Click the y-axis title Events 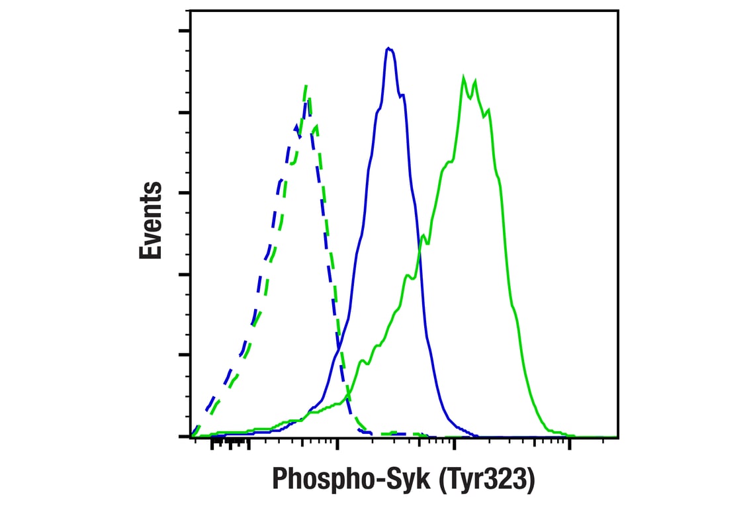151,220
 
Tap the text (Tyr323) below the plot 485,478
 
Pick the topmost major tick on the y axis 184,31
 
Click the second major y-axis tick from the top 184,112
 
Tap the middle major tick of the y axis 184,193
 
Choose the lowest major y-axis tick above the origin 184,355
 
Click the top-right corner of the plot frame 618,10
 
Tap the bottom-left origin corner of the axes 191,437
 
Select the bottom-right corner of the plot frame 618,437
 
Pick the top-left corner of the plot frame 191,10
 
